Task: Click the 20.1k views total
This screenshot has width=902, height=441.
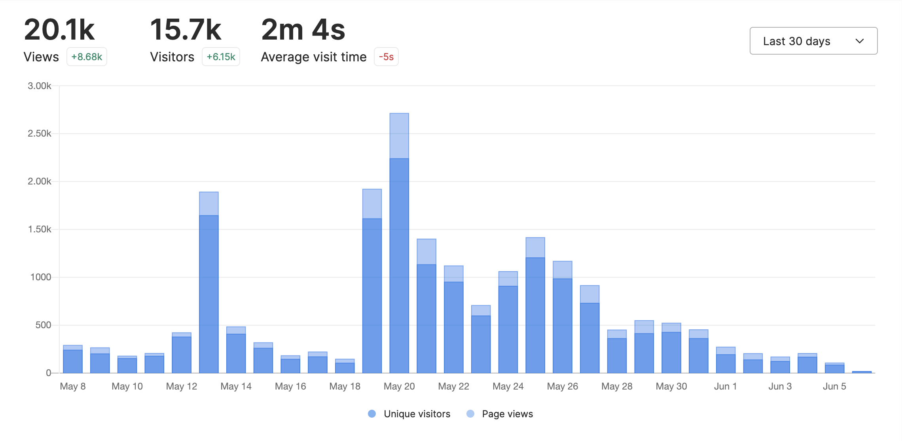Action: pyautogui.click(x=59, y=30)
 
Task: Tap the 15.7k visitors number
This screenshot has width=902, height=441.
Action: pyautogui.click(x=186, y=30)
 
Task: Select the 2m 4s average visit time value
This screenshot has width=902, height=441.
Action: pyautogui.click(x=303, y=30)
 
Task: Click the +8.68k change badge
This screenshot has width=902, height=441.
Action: pyautogui.click(x=87, y=57)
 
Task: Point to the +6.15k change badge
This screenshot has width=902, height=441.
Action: pyautogui.click(x=221, y=57)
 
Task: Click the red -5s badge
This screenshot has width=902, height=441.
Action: pyautogui.click(x=386, y=57)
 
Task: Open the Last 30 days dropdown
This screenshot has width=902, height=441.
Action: pyautogui.click(x=813, y=41)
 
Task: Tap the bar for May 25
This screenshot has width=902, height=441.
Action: pyautogui.click(x=535, y=309)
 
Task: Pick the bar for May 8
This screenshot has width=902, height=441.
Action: pyautogui.click(x=73, y=360)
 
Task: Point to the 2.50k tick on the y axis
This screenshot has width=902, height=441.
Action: pyautogui.click(x=40, y=133)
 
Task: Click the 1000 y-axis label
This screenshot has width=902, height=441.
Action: pyautogui.click(x=41, y=277)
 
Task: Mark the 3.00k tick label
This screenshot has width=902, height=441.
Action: pyautogui.click(x=40, y=86)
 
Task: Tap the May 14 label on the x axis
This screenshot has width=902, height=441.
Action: pyautogui.click(x=236, y=386)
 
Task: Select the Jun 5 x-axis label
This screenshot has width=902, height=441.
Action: pyautogui.click(x=834, y=386)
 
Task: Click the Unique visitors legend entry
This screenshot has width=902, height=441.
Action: pyautogui.click(x=417, y=414)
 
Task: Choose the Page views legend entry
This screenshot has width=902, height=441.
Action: pyautogui.click(x=507, y=414)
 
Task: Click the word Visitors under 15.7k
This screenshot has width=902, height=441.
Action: pyautogui.click(x=172, y=57)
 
